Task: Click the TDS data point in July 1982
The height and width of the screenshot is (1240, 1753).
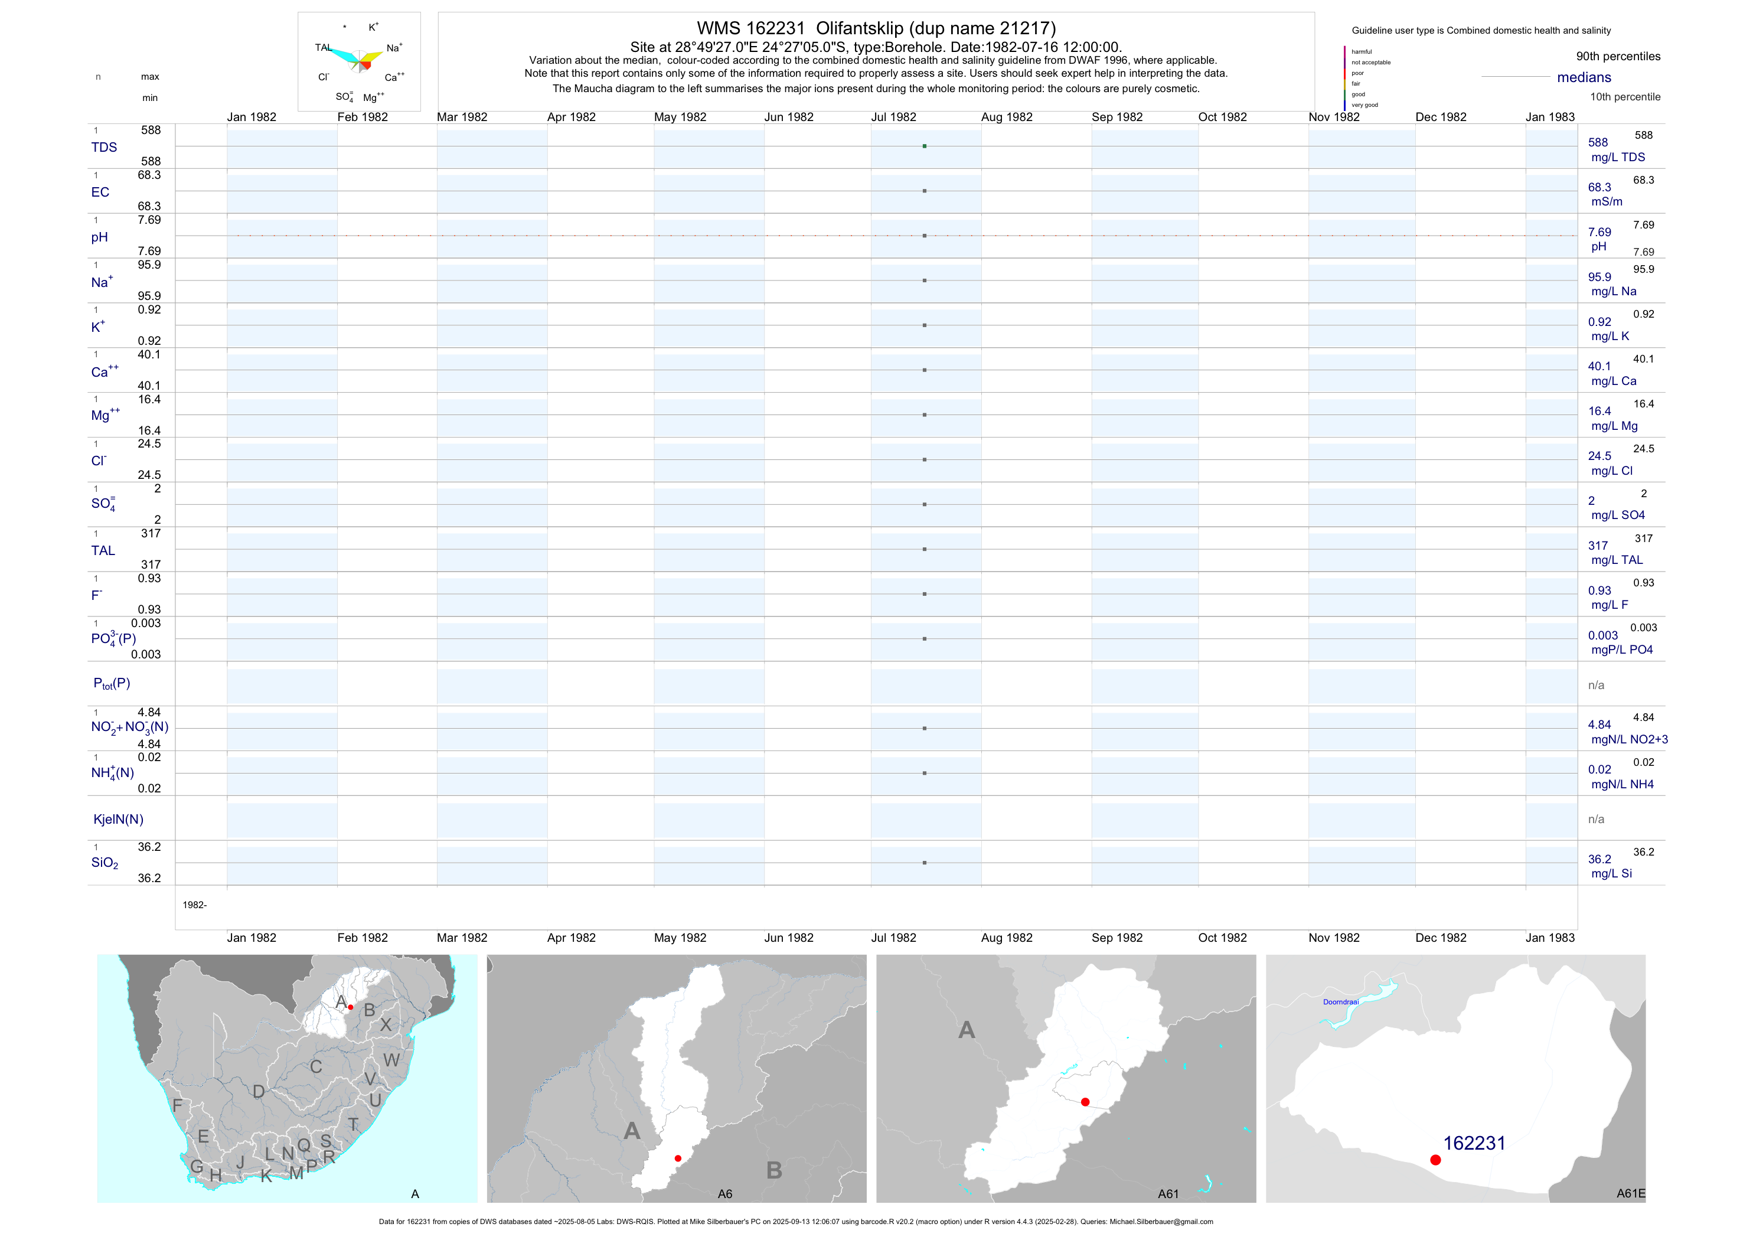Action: pos(924,146)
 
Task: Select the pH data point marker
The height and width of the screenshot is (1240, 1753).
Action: pos(924,236)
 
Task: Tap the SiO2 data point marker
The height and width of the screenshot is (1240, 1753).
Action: pos(924,863)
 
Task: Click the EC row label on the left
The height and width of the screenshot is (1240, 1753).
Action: pos(100,192)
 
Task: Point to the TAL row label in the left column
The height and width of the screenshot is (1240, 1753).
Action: pos(103,550)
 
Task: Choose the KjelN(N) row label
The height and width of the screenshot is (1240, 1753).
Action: pos(118,820)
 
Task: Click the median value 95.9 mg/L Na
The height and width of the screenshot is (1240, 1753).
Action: pos(1599,277)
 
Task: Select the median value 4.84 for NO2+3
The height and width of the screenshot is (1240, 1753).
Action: pos(1599,725)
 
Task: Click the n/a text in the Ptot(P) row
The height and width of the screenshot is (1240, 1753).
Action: pos(1596,686)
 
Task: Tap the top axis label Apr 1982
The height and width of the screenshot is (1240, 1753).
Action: pos(571,117)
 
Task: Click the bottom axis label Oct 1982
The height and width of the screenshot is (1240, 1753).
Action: pos(1222,938)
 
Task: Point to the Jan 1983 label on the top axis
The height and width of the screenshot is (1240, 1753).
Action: pos(1550,117)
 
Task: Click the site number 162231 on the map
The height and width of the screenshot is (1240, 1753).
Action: pos(1474,1143)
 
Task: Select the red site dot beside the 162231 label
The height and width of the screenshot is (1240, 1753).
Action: pos(1435,1160)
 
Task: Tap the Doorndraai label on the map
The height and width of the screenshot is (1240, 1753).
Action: pos(1341,1002)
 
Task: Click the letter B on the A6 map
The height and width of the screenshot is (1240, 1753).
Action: pos(774,1170)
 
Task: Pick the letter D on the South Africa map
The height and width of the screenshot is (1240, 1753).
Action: pos(259,1092)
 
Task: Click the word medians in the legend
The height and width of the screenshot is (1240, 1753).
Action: pos(1584,77)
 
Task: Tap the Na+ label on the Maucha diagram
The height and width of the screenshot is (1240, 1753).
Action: pos(394,48)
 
